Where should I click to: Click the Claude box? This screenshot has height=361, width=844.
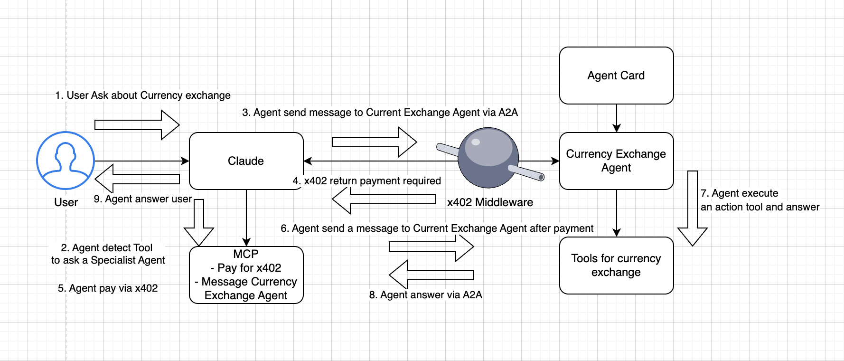click(246, 161)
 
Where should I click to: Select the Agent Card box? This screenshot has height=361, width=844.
click(616, 76)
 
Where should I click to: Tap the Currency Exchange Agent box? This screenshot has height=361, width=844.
click(616, 161)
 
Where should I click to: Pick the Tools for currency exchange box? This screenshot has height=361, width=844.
click(616, 266)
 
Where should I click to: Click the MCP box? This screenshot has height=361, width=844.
click(246, 275)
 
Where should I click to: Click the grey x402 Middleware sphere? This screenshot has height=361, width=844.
click(488, 157)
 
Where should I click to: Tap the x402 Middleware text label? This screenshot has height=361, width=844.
click(490, 202)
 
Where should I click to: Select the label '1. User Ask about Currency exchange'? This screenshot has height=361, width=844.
click(142, 95)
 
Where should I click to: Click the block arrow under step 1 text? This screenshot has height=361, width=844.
click(137, 125)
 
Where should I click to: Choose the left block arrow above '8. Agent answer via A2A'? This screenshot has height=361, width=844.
click(431, 275)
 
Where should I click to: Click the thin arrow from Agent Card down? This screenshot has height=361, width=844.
click(616, 118)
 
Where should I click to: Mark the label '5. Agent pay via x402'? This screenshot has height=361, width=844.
click(108, 288)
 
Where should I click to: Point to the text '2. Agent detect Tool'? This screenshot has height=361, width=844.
click(107, 248)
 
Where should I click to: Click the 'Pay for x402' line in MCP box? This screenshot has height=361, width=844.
click(246, 268)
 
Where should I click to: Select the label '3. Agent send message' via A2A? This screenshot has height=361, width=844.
click(380, 113)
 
